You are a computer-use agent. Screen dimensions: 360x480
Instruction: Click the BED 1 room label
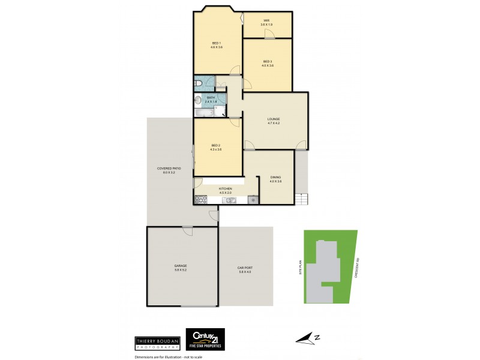(x=217, y=43)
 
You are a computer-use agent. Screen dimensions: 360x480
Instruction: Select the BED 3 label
(x=268, y=61)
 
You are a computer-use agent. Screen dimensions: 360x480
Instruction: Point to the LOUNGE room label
(x=274, y=119)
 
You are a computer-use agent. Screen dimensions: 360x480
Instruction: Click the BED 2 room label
(x=217, y=145)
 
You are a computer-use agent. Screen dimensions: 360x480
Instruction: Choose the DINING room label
(x=275, y=178)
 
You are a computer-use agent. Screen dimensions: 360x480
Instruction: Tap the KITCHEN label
(x=226, y=189)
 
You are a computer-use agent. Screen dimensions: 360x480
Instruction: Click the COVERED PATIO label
(x=169, y=169)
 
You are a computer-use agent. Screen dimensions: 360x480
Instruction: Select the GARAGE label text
(x=181, y=266)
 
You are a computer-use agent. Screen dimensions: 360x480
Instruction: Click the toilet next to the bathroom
(x=198, y=83)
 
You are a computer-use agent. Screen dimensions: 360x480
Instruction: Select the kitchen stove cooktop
(x=200, y=200)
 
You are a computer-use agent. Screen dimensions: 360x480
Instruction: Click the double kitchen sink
(x=229, y=200)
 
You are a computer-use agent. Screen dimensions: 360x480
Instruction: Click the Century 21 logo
(x=205, y=338)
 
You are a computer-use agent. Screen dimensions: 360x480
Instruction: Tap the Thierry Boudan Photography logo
(x=157, y=343)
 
